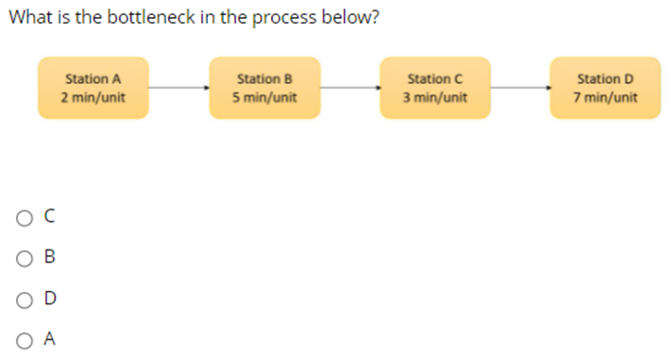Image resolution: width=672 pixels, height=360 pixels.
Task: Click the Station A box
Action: [x=93, y=88]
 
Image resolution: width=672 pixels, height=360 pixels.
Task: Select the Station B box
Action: [x=264, y=88]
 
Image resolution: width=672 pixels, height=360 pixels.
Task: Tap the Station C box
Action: [x=435, y=88]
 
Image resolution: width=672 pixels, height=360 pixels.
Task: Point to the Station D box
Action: [x=606, y=88]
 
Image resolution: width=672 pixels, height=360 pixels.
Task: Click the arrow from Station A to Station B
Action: [x=179, y=88]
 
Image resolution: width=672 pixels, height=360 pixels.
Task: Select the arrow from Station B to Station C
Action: [x=350, y=88]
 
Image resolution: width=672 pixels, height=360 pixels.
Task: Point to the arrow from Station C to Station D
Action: [x=521, y=88]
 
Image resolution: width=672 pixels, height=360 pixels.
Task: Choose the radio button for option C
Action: [x=23, y=217]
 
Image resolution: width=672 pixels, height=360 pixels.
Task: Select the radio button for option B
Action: [x=23, y=257]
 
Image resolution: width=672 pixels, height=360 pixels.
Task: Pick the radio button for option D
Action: [x=23, y=299]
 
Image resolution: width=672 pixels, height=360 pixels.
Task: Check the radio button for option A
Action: [x=23, y=338]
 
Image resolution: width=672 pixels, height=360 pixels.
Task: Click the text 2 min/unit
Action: [x=93, y=97]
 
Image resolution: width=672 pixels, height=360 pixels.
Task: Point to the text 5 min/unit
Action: [x=264, y=97]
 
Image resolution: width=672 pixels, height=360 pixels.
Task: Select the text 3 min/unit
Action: [x=435, y=97]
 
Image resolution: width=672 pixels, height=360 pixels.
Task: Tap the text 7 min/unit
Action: [x=606, y=97]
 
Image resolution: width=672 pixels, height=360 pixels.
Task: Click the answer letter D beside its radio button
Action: [x=50, y=299]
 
